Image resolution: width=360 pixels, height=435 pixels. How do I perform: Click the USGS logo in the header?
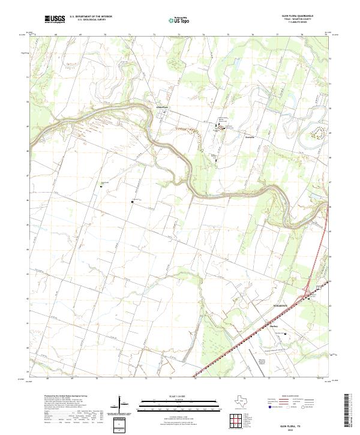tap(55, 20)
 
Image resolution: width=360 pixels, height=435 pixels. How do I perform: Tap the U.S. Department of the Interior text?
tap(91, 17)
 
